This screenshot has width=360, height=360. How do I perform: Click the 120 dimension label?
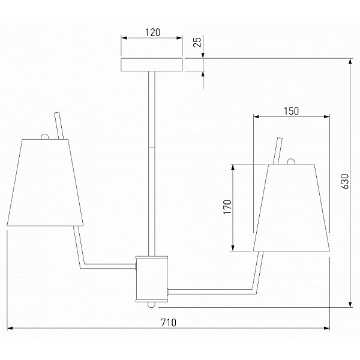click(152, 32)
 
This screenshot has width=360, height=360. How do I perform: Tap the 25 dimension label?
click(197, 42)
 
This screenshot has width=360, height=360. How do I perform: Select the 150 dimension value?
click(292, 111)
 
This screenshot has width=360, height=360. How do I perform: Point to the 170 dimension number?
click(227, 207)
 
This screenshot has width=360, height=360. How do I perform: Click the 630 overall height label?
click(344, 181)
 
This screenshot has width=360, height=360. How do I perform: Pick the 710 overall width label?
click(169, 323)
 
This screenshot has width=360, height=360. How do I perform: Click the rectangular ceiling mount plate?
click(152, 65)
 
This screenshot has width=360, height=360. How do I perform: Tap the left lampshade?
click(45, 182)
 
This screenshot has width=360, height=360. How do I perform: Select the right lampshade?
click(292, 208)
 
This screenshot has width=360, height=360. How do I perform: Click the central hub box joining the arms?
click(152, 279)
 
